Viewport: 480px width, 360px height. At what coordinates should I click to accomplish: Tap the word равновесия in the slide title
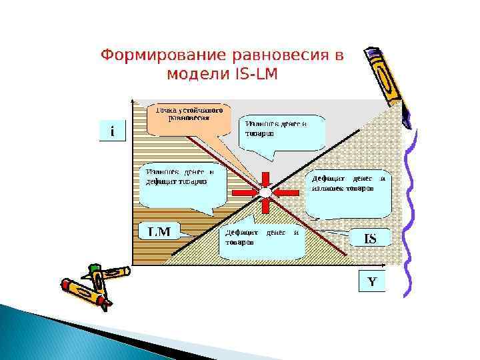point(275,55)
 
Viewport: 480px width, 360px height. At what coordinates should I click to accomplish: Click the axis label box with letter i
point(111,131)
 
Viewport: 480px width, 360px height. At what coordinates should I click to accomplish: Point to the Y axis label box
point(372,281)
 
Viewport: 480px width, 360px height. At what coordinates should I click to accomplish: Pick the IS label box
point(369,238)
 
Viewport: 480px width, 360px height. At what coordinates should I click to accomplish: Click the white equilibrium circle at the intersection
point(265,193)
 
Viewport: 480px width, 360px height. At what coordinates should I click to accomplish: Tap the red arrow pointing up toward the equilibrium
point(265,207)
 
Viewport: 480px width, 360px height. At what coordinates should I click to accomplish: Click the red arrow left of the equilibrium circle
point(245,193)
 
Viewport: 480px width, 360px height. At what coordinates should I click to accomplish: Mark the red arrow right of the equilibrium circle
point(286,193)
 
